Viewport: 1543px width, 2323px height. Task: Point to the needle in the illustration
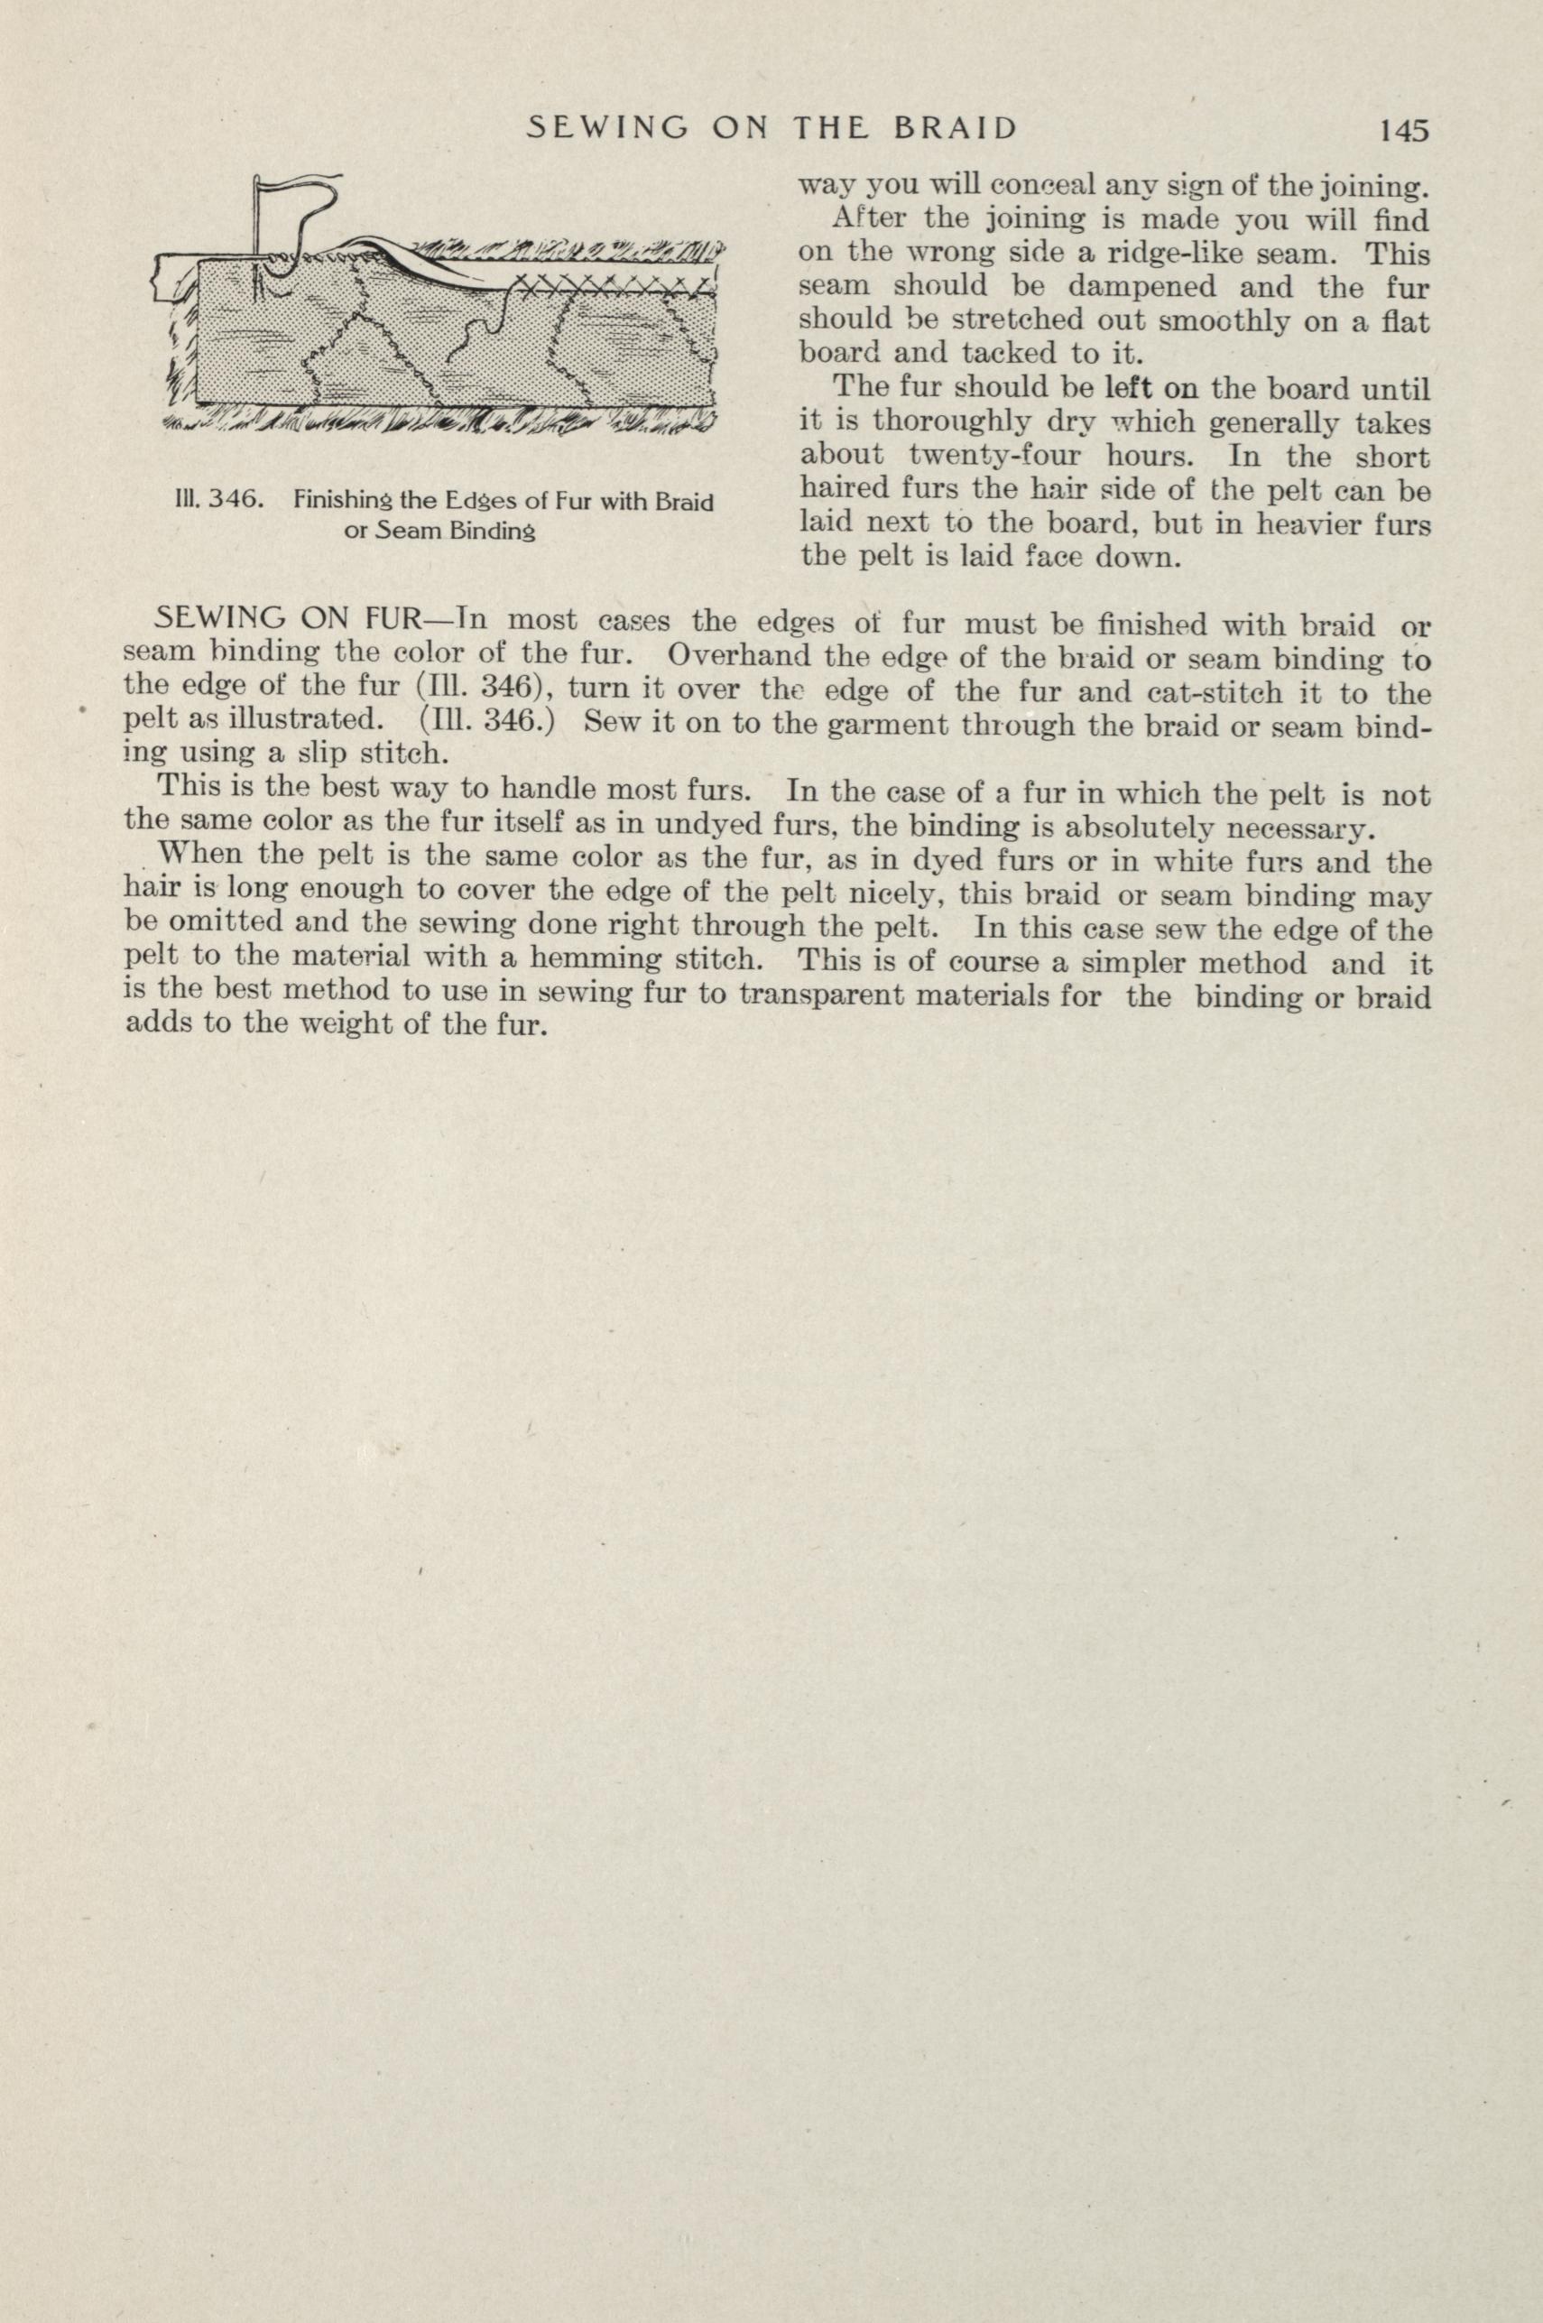(x=259, y=221)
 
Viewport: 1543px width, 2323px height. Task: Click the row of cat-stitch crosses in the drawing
(x=610, y=286)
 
